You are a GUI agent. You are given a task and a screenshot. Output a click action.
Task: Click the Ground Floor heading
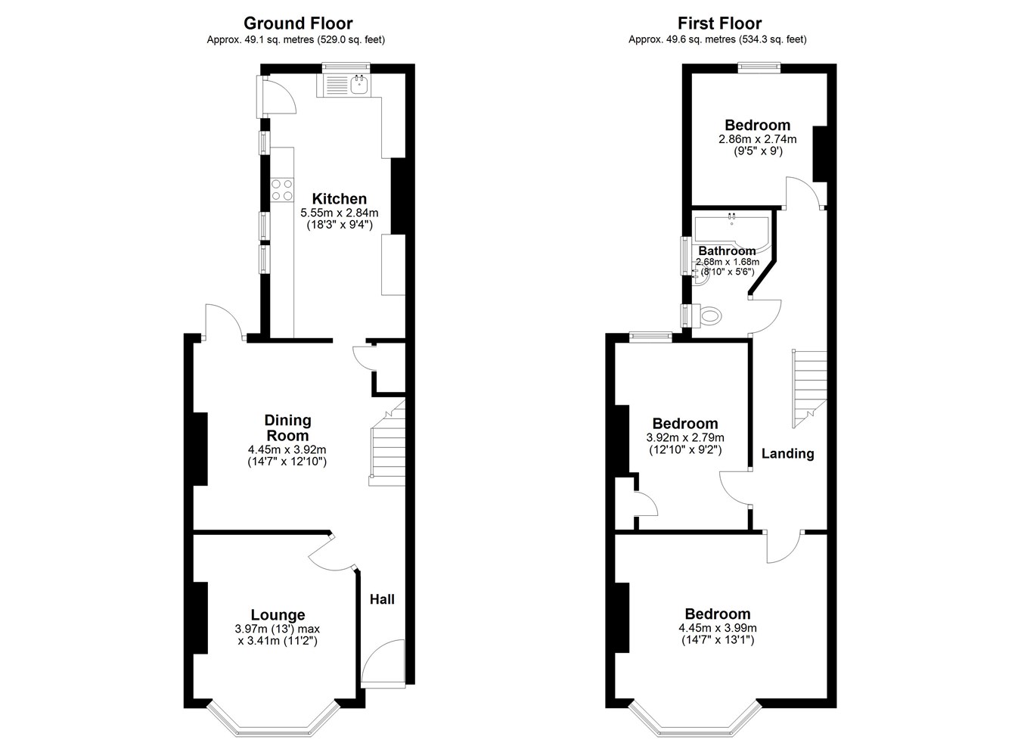pos(298,23)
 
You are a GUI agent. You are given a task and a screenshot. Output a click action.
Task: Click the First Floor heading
pos(719,23)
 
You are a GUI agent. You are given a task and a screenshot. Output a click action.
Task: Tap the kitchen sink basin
pos(360,85)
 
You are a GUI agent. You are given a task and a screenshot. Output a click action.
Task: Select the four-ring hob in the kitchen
pos(281,190)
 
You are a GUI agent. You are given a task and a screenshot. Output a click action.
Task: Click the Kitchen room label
pos(339,199)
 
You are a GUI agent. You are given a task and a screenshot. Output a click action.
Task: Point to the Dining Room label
pos(287,427)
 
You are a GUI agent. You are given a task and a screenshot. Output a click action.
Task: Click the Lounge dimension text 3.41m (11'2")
pos(277,641)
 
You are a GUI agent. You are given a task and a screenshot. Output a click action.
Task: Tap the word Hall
pos(382,599)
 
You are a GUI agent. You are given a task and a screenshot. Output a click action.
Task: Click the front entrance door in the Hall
pos(383,664)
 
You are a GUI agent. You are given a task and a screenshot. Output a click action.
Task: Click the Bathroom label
pos(727,251)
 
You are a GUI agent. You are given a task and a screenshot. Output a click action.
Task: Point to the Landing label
pos(787,453)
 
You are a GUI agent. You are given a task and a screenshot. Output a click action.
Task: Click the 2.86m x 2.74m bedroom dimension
pos(758,138)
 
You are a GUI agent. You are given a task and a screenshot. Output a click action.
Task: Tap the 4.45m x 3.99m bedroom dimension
pos(718,627)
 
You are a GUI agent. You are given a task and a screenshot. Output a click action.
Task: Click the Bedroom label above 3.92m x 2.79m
pos(685,424)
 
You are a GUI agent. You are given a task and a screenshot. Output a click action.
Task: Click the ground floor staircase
pos(387,443)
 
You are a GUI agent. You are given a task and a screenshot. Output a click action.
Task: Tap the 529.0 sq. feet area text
pos(350,39)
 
